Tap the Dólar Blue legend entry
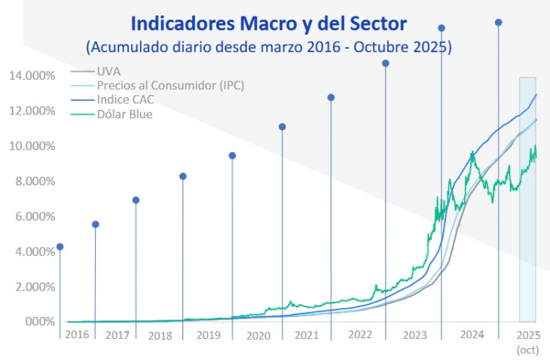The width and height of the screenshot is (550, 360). point(125,114)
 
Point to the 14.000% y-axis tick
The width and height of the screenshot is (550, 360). point(32,75)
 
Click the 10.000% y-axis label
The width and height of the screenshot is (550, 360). point(32,146)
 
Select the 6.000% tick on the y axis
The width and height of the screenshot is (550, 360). point(34,216)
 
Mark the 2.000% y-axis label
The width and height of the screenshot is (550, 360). point(34,287)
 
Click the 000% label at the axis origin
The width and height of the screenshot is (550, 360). point(41,322)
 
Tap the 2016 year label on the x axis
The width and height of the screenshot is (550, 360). point(77,334)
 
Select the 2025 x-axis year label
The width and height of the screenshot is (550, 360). point(527,334)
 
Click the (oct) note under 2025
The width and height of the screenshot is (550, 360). point(527,349)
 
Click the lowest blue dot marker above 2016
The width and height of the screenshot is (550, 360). point(60,247)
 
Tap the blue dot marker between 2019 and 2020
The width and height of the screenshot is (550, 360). point(232,156)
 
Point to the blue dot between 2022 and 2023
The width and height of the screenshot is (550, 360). point(386,63)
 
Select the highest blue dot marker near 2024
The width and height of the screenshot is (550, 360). point(498,23)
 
